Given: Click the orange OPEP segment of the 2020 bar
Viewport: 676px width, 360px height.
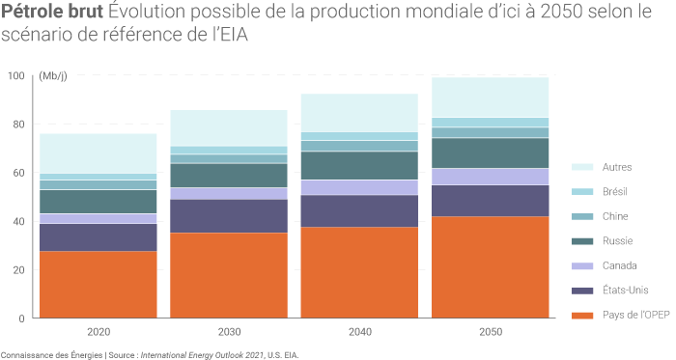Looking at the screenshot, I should pos(98,284).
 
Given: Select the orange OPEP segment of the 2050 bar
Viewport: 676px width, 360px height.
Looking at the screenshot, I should pos(490,266).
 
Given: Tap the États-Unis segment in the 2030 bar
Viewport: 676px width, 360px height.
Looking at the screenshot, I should pos(229,215).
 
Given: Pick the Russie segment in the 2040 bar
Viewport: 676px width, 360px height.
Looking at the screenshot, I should pos(359,165).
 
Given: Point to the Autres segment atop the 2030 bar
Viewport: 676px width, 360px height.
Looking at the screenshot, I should pos(229,127).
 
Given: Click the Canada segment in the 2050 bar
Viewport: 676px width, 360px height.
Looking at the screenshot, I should pos(490,176).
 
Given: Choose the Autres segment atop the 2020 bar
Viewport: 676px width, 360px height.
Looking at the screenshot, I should pos(98,152).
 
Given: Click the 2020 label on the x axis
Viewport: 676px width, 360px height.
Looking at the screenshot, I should pos(98,332).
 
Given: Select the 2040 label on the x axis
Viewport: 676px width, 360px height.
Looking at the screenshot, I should pos(359,332).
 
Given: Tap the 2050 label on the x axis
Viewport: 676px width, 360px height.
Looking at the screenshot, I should pos(490,332).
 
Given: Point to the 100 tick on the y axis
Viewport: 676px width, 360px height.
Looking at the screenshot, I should pos(15,76).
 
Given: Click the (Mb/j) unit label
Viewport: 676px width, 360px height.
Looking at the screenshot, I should pos(53,76).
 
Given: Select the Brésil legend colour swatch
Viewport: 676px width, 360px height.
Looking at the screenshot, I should pos(582,191).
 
